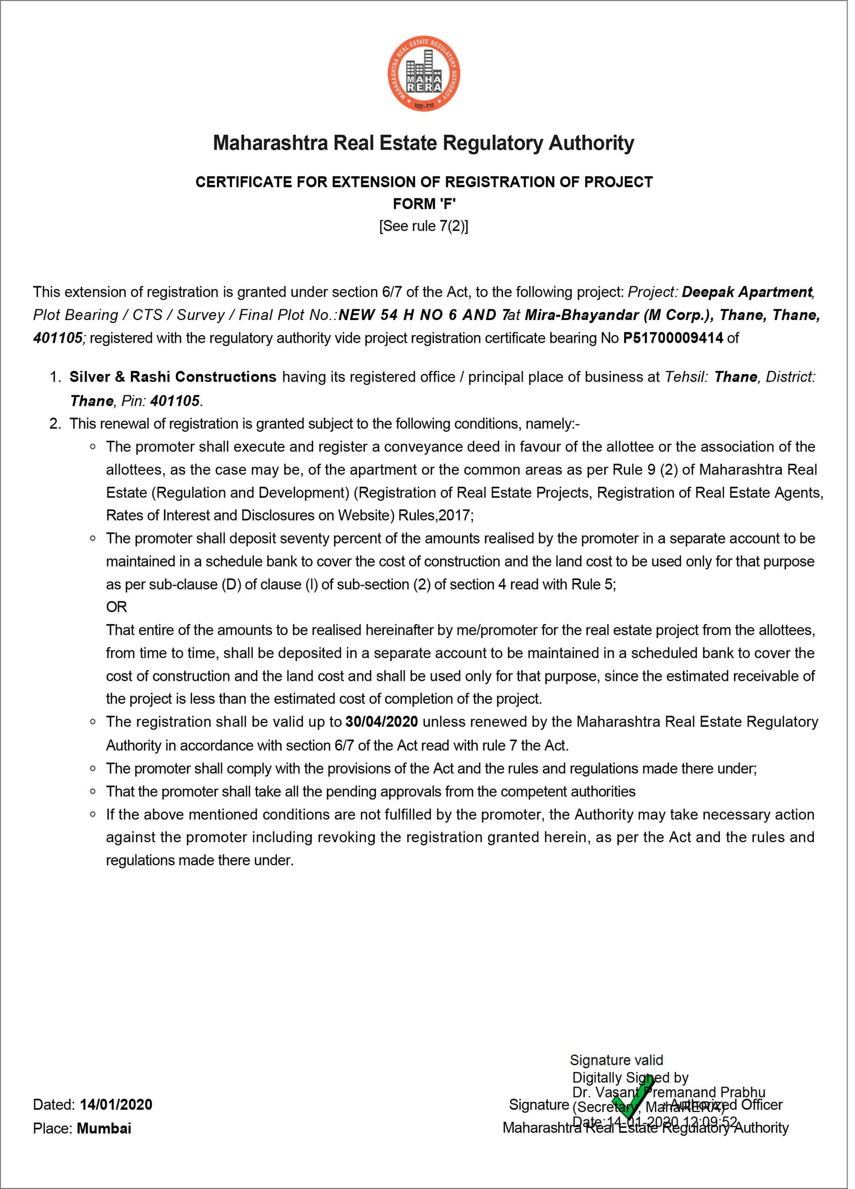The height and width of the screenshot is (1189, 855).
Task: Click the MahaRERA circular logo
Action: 424,75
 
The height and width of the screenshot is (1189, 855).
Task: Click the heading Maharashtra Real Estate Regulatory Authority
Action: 423,143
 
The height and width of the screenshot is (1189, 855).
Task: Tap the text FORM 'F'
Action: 424,204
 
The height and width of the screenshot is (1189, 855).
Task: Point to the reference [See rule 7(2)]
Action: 424,226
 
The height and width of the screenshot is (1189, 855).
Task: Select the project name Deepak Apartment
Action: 747,292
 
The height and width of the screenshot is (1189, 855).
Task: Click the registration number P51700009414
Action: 673,338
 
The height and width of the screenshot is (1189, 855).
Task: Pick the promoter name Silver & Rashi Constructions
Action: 173,377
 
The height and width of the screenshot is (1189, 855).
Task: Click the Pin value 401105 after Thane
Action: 175,401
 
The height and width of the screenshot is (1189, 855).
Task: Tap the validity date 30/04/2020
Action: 382,721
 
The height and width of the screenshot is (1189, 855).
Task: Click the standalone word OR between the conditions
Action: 116,607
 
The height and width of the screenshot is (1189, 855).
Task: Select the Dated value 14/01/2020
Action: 116,1105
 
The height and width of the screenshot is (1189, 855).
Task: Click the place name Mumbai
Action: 104,1128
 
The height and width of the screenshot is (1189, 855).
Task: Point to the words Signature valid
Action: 616,1060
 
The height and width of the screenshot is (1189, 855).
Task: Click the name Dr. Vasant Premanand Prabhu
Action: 669,1092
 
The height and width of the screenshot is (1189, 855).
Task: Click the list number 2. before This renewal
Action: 55,424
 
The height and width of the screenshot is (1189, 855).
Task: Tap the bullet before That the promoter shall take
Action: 93,791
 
